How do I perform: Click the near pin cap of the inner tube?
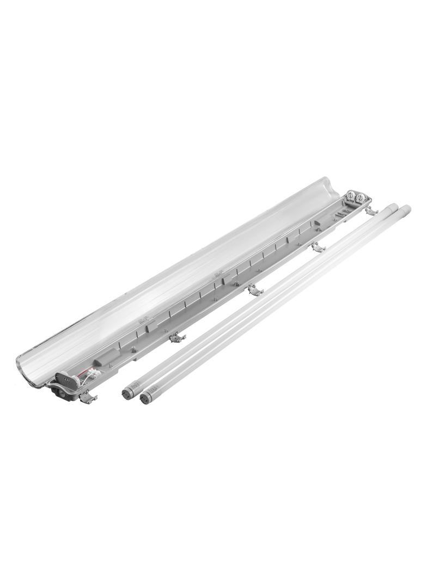129,389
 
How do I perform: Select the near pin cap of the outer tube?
146,397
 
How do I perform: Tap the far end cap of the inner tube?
391,207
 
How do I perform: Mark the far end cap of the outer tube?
404,209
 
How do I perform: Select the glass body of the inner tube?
256,299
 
